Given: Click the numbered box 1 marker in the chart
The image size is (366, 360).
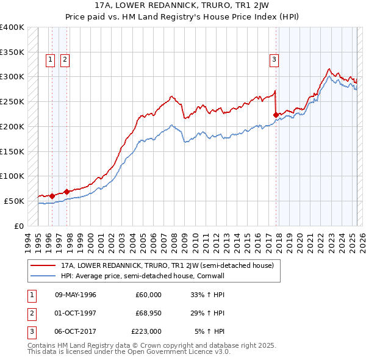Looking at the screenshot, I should click(x=49, y=59).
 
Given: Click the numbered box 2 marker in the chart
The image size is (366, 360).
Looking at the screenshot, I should click(x=64, y=59).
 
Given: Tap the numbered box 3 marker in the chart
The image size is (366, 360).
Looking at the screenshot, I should click(x=274, y=59).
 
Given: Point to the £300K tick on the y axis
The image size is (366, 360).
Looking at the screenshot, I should click(x=12, y=77).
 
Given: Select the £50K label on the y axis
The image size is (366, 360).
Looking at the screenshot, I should click(x=15, y=201).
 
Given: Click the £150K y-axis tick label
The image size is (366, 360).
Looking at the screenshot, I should click(x=12, y=151).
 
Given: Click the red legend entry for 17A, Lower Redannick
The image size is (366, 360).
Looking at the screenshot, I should click(x=167, y=266).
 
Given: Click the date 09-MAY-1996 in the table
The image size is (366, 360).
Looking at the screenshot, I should click(x=75, y=295).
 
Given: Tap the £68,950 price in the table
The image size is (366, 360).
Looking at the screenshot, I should click(x=148, y=313).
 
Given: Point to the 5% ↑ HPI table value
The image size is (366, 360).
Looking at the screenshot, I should click(x=209, y=331).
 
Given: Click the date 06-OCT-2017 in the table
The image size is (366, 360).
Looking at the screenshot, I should click(x=75, y=331).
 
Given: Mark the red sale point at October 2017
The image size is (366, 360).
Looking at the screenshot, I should click(x=276, y=114).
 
